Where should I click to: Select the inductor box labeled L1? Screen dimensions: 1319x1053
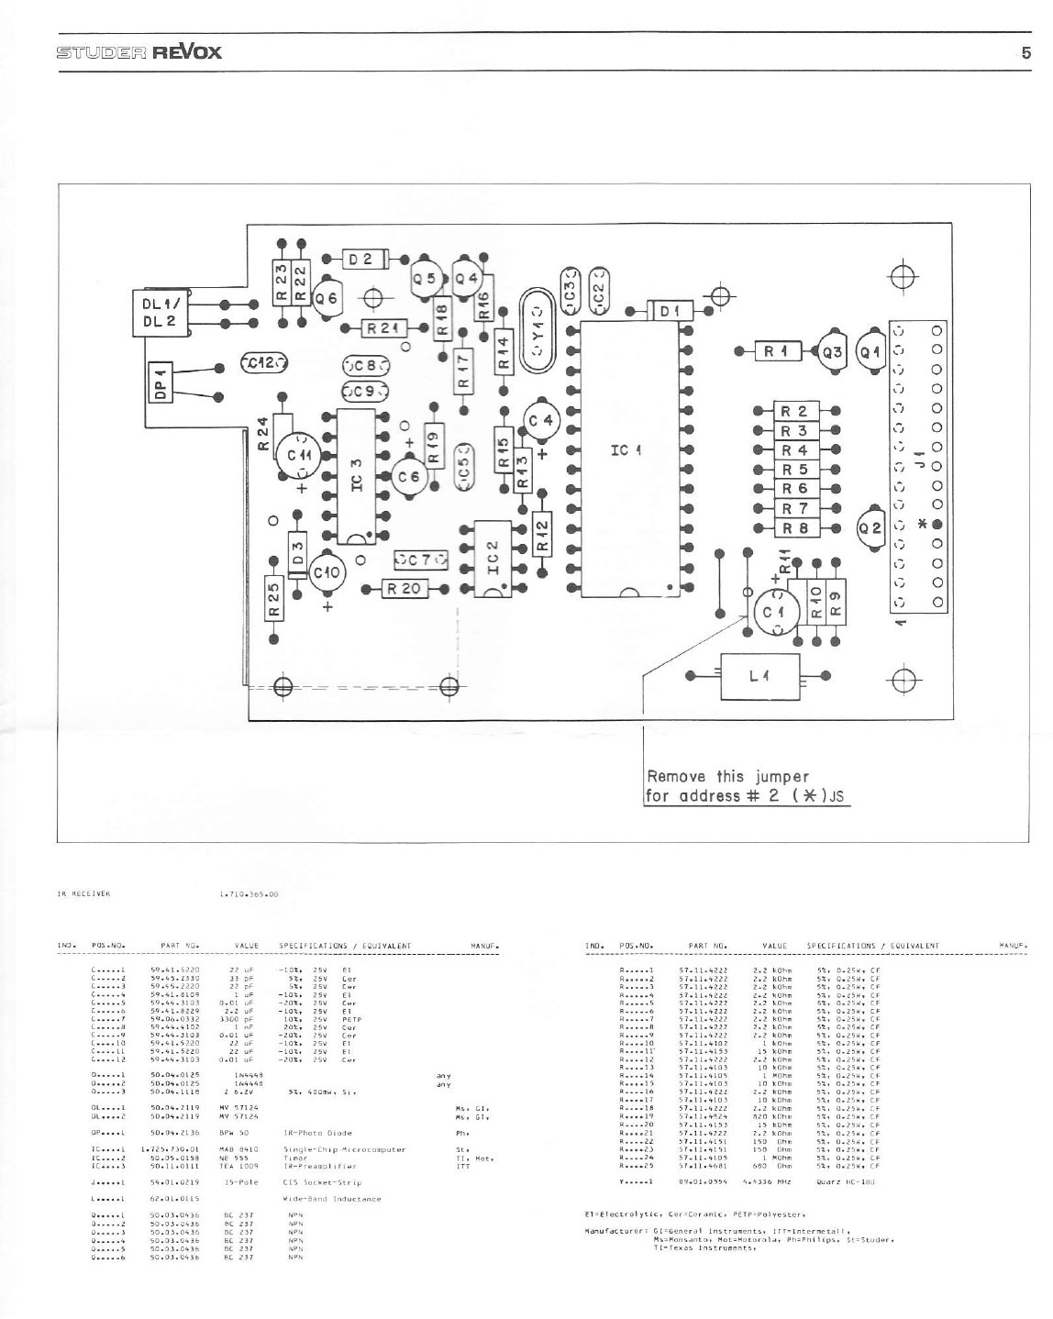point(758,676)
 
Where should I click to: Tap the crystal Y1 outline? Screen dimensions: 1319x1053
point(538,332)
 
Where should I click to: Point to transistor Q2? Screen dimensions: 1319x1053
point(870,527)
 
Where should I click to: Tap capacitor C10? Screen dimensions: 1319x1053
point(327,572)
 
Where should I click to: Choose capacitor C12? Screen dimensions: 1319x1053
point(264,363)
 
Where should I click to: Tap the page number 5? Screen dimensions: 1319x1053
point(1026,52)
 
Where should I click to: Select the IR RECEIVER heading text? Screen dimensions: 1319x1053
point(83,892)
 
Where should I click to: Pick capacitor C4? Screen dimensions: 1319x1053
point(541,420)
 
